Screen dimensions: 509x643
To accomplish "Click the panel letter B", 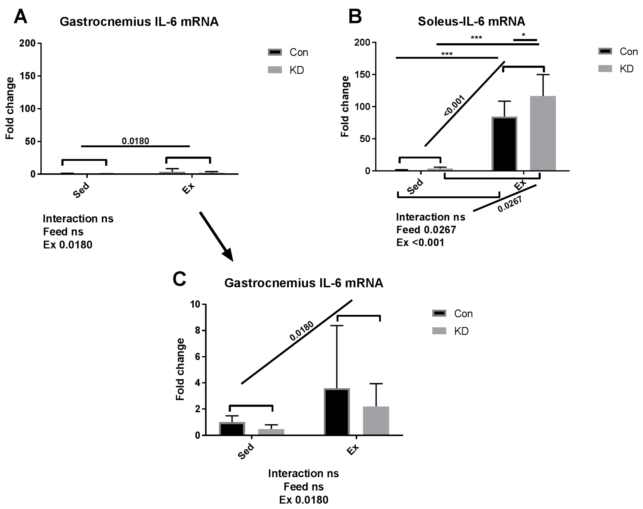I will (x=355, y=17).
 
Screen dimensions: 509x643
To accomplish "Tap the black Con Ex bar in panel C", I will (x=337, y=412).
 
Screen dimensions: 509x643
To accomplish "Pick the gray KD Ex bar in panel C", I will (x=376, y=421).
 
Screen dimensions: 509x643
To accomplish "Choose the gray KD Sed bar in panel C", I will (x=271, y=432).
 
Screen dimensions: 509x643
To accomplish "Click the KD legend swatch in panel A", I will (x=275, y=70).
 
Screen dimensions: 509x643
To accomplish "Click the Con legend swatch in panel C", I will (x=439, y=313).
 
